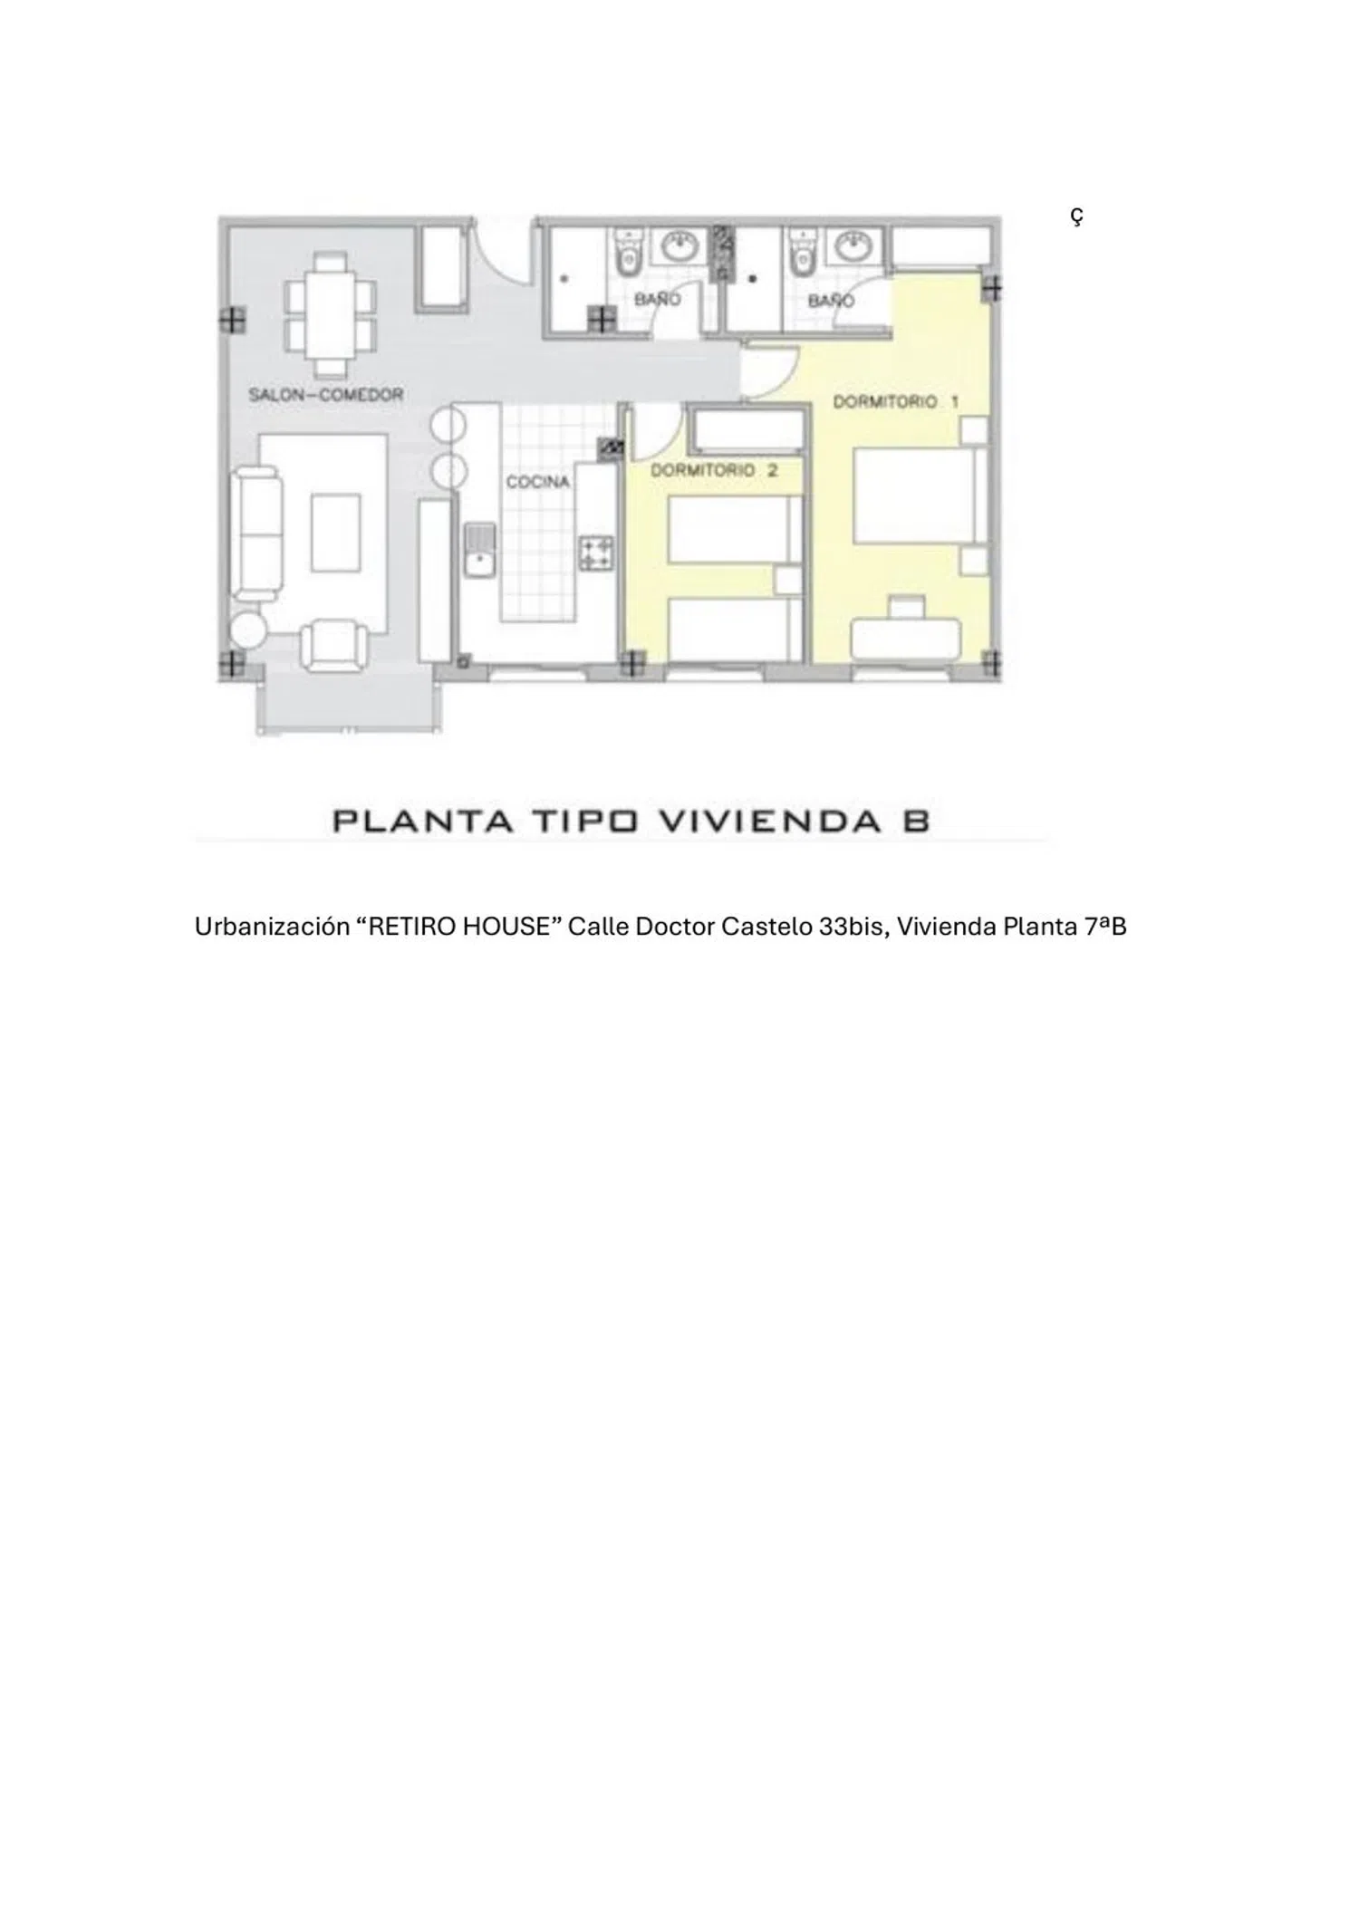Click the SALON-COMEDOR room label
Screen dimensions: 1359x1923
point(325,395)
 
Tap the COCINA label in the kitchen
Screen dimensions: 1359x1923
point(538,482)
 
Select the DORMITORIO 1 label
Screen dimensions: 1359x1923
point(895,401)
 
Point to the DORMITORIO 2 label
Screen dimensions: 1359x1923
point(714,470)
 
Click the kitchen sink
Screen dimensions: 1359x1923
point(477,550)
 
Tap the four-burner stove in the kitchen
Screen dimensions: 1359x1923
point(596,553)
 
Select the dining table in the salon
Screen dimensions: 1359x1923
point(330,313)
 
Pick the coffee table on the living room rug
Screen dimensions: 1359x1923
point(335,533)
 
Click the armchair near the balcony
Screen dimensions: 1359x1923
point(334,645)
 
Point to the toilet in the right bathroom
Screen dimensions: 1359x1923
point(801,251)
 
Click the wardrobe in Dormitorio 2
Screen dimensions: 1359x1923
point(747,431)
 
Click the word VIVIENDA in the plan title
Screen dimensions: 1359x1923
point(757,821)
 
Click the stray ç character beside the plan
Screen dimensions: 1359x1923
point(1075,216)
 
